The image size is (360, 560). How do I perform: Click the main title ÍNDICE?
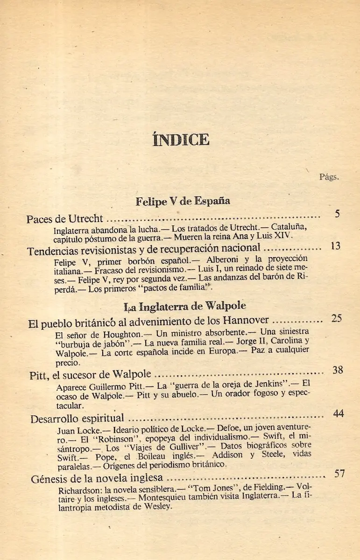pyautogui.click(x=180, y=140)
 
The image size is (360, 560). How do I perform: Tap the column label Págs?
pyautogui.click(x=329, y=177)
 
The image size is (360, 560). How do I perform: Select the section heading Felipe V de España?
pyautogui.click(x=183, y=202)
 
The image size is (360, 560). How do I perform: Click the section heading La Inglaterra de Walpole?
pyautogui.click(x=185, y=307)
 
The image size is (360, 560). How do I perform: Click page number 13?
pyautogui.click(x=335, y=246)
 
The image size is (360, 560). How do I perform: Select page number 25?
pyautogui.click(x=337, y=319)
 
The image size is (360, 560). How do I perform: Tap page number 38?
pyautogui.click(x=338, y=370)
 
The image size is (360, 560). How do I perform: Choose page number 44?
pyautogui.click(x=339, y=413)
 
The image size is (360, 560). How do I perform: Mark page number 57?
pyautogui.click(x=339, y=474)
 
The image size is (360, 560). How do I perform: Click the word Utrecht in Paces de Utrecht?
pyautogui.click(x=85, y=218)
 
